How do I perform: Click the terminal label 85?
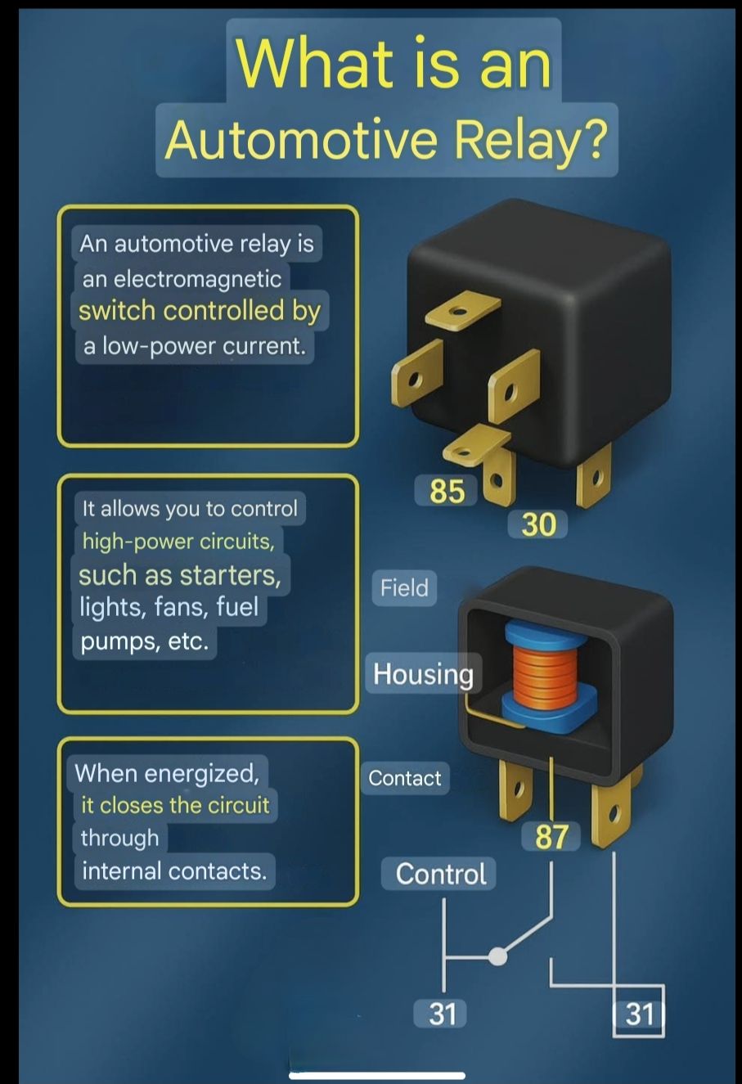pyautogui.click(x=447, y=490)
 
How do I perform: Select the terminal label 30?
pyautogui.click(x=538, y=524)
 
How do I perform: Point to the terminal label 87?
pyautogui.click(x=551, y=837)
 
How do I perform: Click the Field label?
pyautogui.click(x=404, y=588)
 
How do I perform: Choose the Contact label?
pyautogui.click(x=405, y=778)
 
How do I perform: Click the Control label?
pyautogui.click(x=440, y=874)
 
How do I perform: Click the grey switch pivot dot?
pyautogui.click(x=497, y=956)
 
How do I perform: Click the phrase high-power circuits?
pyautogui.click(x=178, y=541)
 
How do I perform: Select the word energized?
pyautogui.click(x=202, y=773)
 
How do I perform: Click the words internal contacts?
pyautogui.click(x=174, y=871)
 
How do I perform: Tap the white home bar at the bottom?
pyautogui.click(x=377, y=1076)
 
